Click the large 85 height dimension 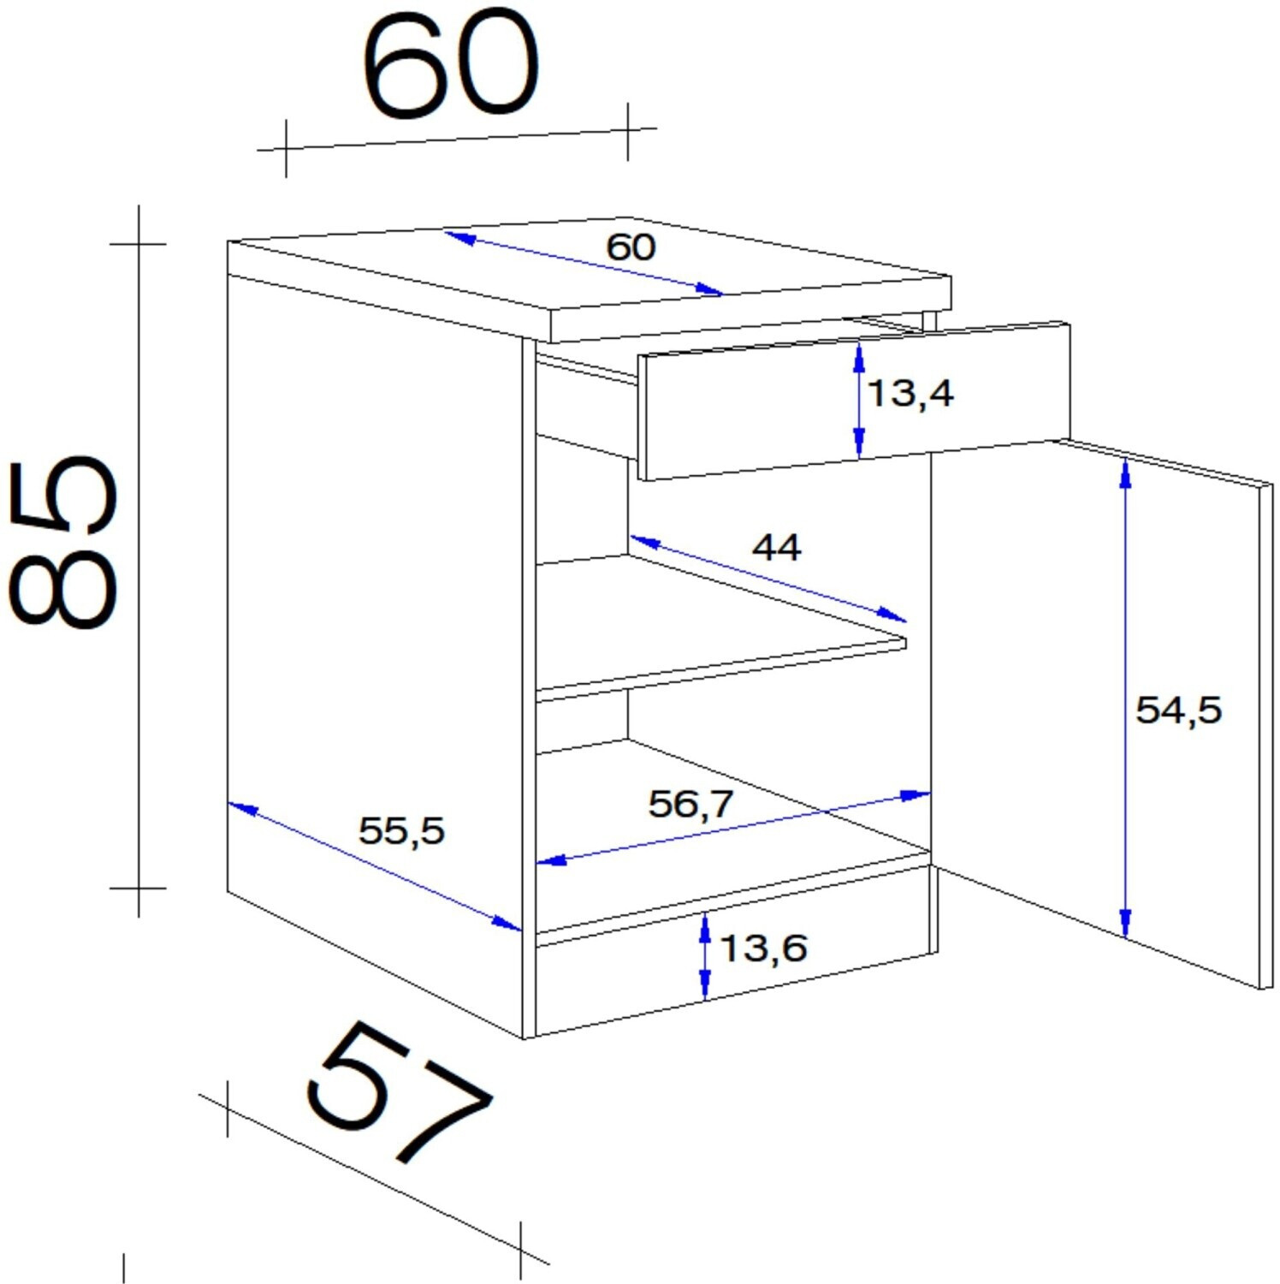(64, 544)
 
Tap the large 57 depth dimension (399, 1091)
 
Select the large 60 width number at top (451, 65)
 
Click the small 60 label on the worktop (631, 247)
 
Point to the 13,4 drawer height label (910, 394)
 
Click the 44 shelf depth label (776, 547)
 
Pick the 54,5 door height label (1178, 710)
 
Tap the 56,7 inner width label (690, 804)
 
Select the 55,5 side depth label (401, 830)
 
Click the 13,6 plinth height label (763, 948)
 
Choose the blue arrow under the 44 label (767, 578)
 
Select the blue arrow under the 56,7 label (733, 829)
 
